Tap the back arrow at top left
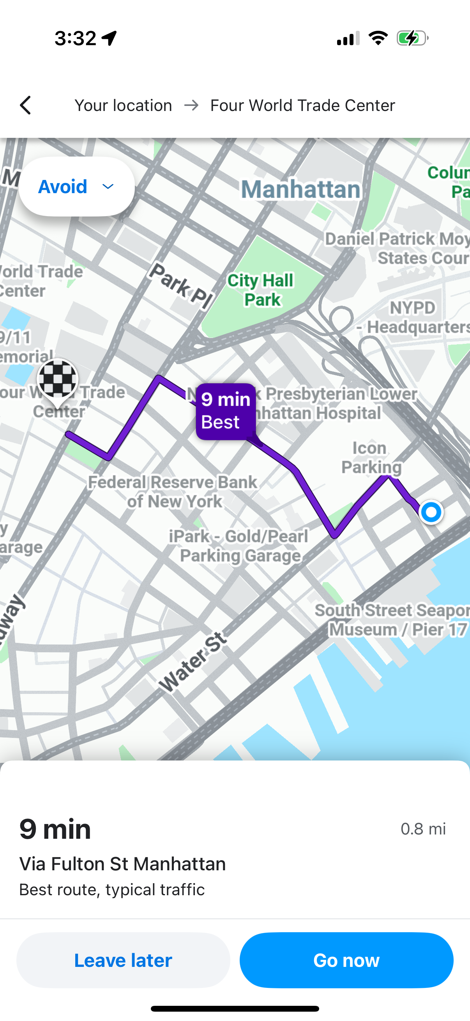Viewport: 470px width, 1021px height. click(26, 106)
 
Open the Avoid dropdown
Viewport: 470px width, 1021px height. click(76, 187)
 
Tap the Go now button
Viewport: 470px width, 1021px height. click(346, 960)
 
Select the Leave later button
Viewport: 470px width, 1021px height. click(124, 960)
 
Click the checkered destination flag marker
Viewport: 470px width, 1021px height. click(58, 380)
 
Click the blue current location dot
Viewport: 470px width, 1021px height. click(431, 512)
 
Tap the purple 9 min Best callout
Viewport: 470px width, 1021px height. click(226, 411)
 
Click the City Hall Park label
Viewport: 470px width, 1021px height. click(261, 290)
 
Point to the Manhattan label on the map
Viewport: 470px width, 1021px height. click(300, 189)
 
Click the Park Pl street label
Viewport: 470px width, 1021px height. click(181, 285)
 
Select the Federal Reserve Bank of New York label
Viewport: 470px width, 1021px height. click(173, 492)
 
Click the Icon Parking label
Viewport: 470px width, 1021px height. click(371, 458)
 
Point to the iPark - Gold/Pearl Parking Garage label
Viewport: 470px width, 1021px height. click(239, 546)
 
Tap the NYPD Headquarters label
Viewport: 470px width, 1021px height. click(412, 317)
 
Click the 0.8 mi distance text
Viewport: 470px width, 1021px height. click(423, 829)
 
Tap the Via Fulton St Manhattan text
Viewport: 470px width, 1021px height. click(122, 864)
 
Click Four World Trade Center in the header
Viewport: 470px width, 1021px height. click(303, 106)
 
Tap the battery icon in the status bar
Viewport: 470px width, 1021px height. click(412, 39)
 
